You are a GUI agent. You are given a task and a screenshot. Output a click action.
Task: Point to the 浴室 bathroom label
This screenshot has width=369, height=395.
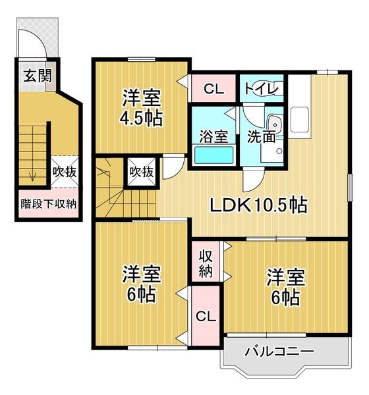[214, 136]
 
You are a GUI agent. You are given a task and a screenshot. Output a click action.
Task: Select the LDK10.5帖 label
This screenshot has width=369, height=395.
[258, 205]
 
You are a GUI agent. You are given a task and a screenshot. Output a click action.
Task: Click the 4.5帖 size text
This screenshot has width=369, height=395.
[142, 120]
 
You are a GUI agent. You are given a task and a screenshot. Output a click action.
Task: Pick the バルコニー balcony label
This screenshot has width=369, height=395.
[279, 351]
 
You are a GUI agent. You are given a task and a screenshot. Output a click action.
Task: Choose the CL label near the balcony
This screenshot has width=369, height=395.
[206, 316]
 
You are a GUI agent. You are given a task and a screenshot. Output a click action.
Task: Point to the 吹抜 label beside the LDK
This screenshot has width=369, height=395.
[141, 172]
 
